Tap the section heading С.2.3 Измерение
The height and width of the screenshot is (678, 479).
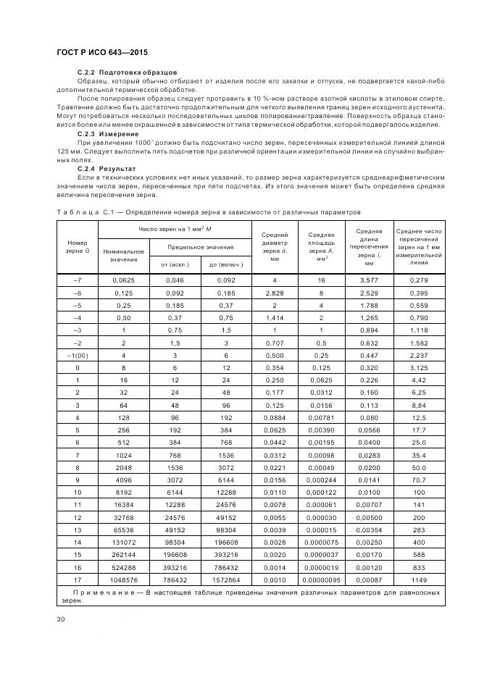click(x=108, y=134)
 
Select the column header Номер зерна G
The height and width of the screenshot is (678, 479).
click(x=77, y=246)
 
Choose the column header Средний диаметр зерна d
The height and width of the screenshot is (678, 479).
click(x=274, y=246)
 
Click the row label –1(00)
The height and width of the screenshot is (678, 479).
click(x=77, y=355)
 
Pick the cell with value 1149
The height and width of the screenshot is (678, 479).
click(x=420, y=581)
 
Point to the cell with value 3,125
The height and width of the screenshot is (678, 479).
click(x=420, y=367)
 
